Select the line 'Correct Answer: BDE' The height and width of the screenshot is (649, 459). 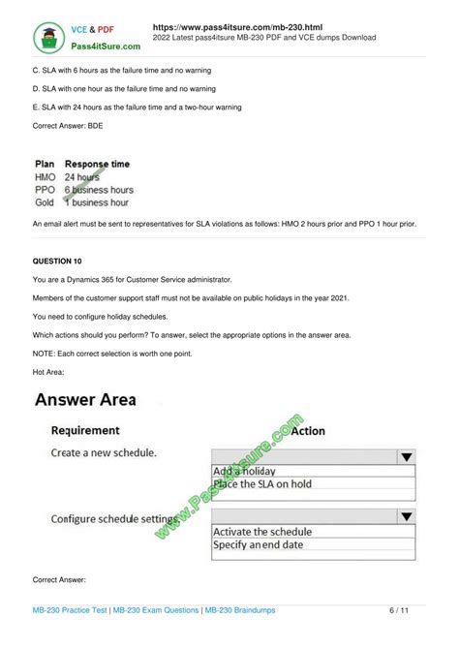coord(68,126)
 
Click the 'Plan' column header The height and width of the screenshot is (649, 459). coord(46,164)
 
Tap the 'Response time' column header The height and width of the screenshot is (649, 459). coord(97,164)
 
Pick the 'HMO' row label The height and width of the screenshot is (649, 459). coord(45,177)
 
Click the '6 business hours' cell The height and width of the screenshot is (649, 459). coord(99,190)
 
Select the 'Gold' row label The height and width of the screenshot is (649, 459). coord(45,202)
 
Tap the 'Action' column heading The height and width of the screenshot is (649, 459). coord(307,430)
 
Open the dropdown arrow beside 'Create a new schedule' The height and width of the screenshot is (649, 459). coord(407,456)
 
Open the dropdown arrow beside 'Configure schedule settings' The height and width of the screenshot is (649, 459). coord(407,517)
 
